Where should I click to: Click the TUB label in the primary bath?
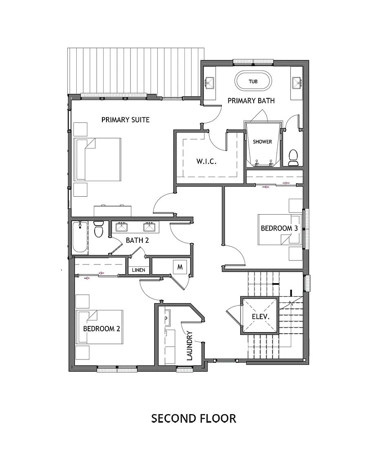click(253, 81)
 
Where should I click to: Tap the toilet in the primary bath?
click(293, 157)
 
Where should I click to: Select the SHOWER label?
click(262, 142)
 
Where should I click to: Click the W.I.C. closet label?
click(206, 161)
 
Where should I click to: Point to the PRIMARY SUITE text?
click(125, 120)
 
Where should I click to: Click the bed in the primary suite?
click(98, 159)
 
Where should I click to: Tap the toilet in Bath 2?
click(98, 230)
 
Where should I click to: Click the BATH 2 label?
click(137, 240)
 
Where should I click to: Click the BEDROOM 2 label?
click(102, 328)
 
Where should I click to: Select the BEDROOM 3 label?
click(279, 228)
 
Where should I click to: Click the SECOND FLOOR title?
click(193, 418)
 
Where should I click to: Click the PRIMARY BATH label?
click(251, 100)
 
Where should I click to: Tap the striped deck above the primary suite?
click(135, 69)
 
